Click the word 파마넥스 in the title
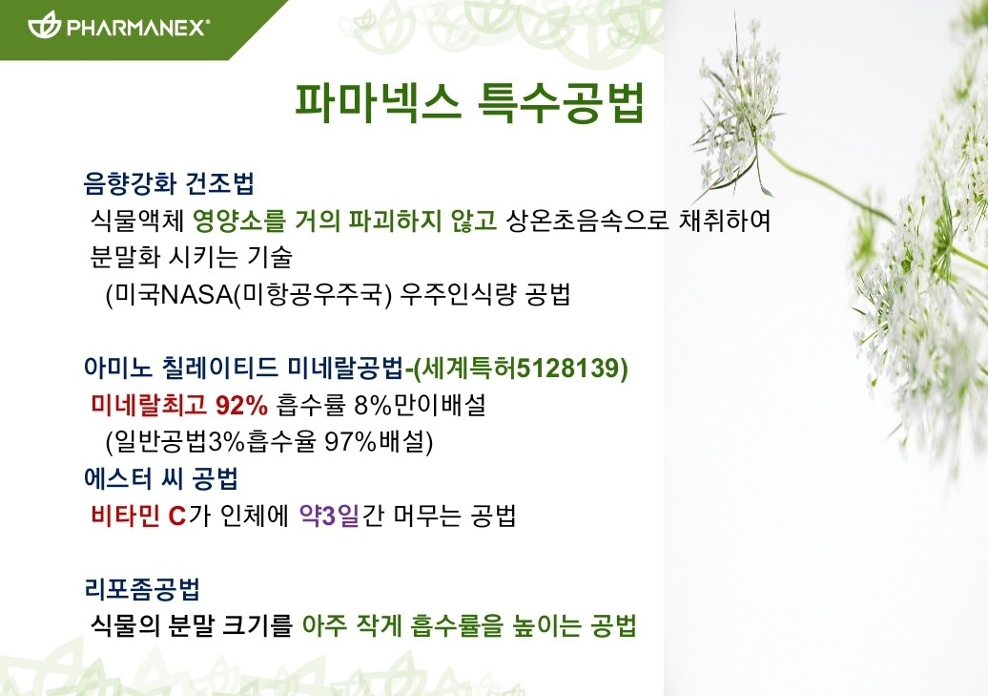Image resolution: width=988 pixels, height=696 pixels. [x=378, y=101]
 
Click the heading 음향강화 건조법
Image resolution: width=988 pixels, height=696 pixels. [x=169, y=183]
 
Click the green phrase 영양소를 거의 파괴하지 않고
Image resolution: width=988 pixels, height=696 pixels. [x=345, y=221]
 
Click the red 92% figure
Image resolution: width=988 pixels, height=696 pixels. [x=241, y=406]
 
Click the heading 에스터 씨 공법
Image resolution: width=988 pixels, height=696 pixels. [x=161, y=479]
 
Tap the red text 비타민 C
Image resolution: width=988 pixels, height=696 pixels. [x=138, y=517]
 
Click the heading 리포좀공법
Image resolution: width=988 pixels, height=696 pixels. [x=142, y=589]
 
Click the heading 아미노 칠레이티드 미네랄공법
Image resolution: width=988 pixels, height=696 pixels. [x=244, y=368]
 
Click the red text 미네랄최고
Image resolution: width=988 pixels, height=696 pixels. [x=149, y=405]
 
